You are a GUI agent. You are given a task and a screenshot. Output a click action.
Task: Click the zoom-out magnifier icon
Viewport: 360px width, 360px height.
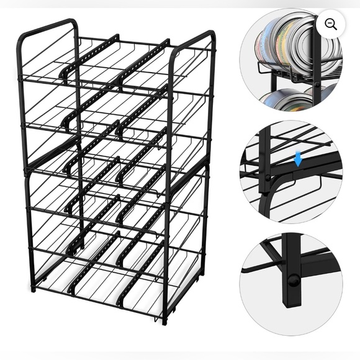331,24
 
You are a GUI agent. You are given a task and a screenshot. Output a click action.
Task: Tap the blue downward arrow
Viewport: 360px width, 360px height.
299,160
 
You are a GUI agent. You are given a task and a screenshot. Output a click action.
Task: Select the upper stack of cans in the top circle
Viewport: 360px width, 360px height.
292,43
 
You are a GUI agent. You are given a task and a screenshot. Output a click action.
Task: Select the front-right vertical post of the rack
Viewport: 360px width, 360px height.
168,186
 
